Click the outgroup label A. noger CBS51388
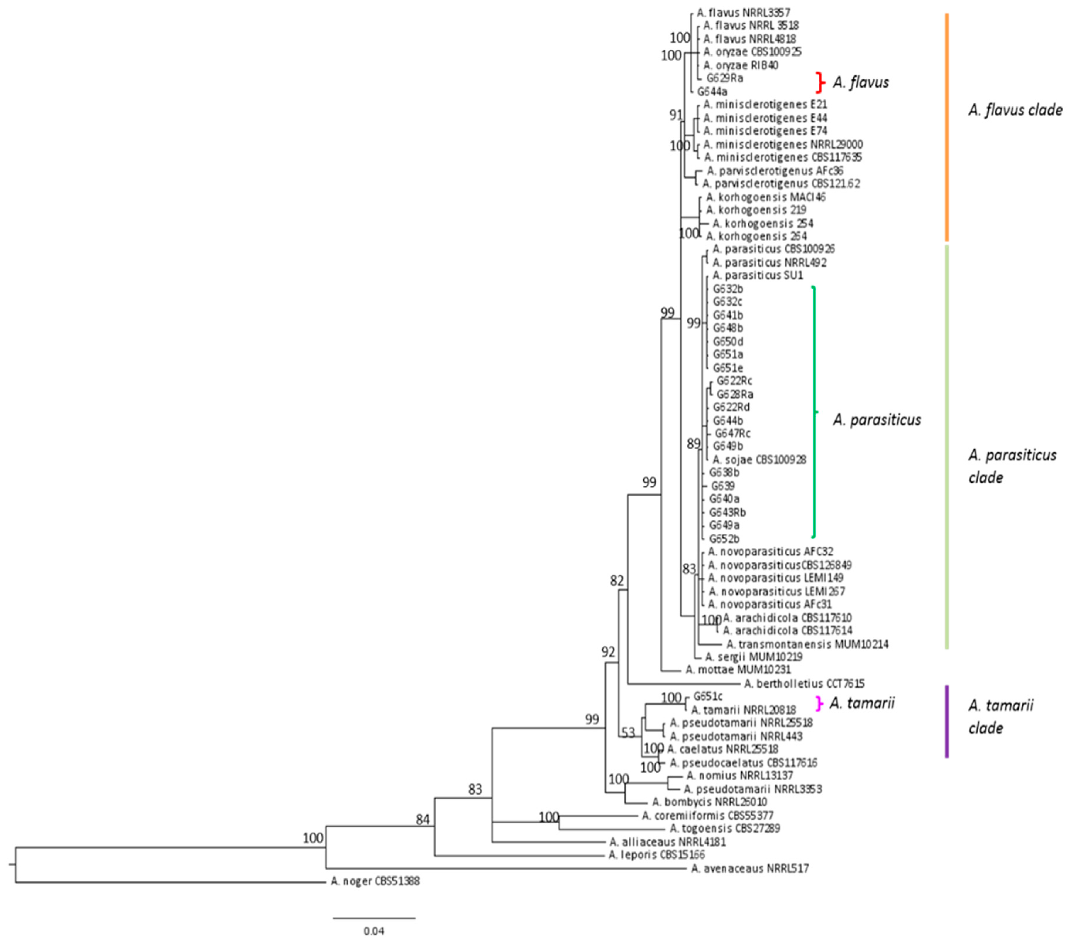375,881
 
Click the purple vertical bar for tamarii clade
946,722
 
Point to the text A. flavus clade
1015,110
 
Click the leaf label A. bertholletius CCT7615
804,683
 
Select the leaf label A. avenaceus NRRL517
750,868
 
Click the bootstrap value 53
628,733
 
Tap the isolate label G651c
708,696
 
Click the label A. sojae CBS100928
759,460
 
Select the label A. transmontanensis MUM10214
807,644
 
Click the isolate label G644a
712,91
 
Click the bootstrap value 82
617,580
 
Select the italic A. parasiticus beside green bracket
877,420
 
